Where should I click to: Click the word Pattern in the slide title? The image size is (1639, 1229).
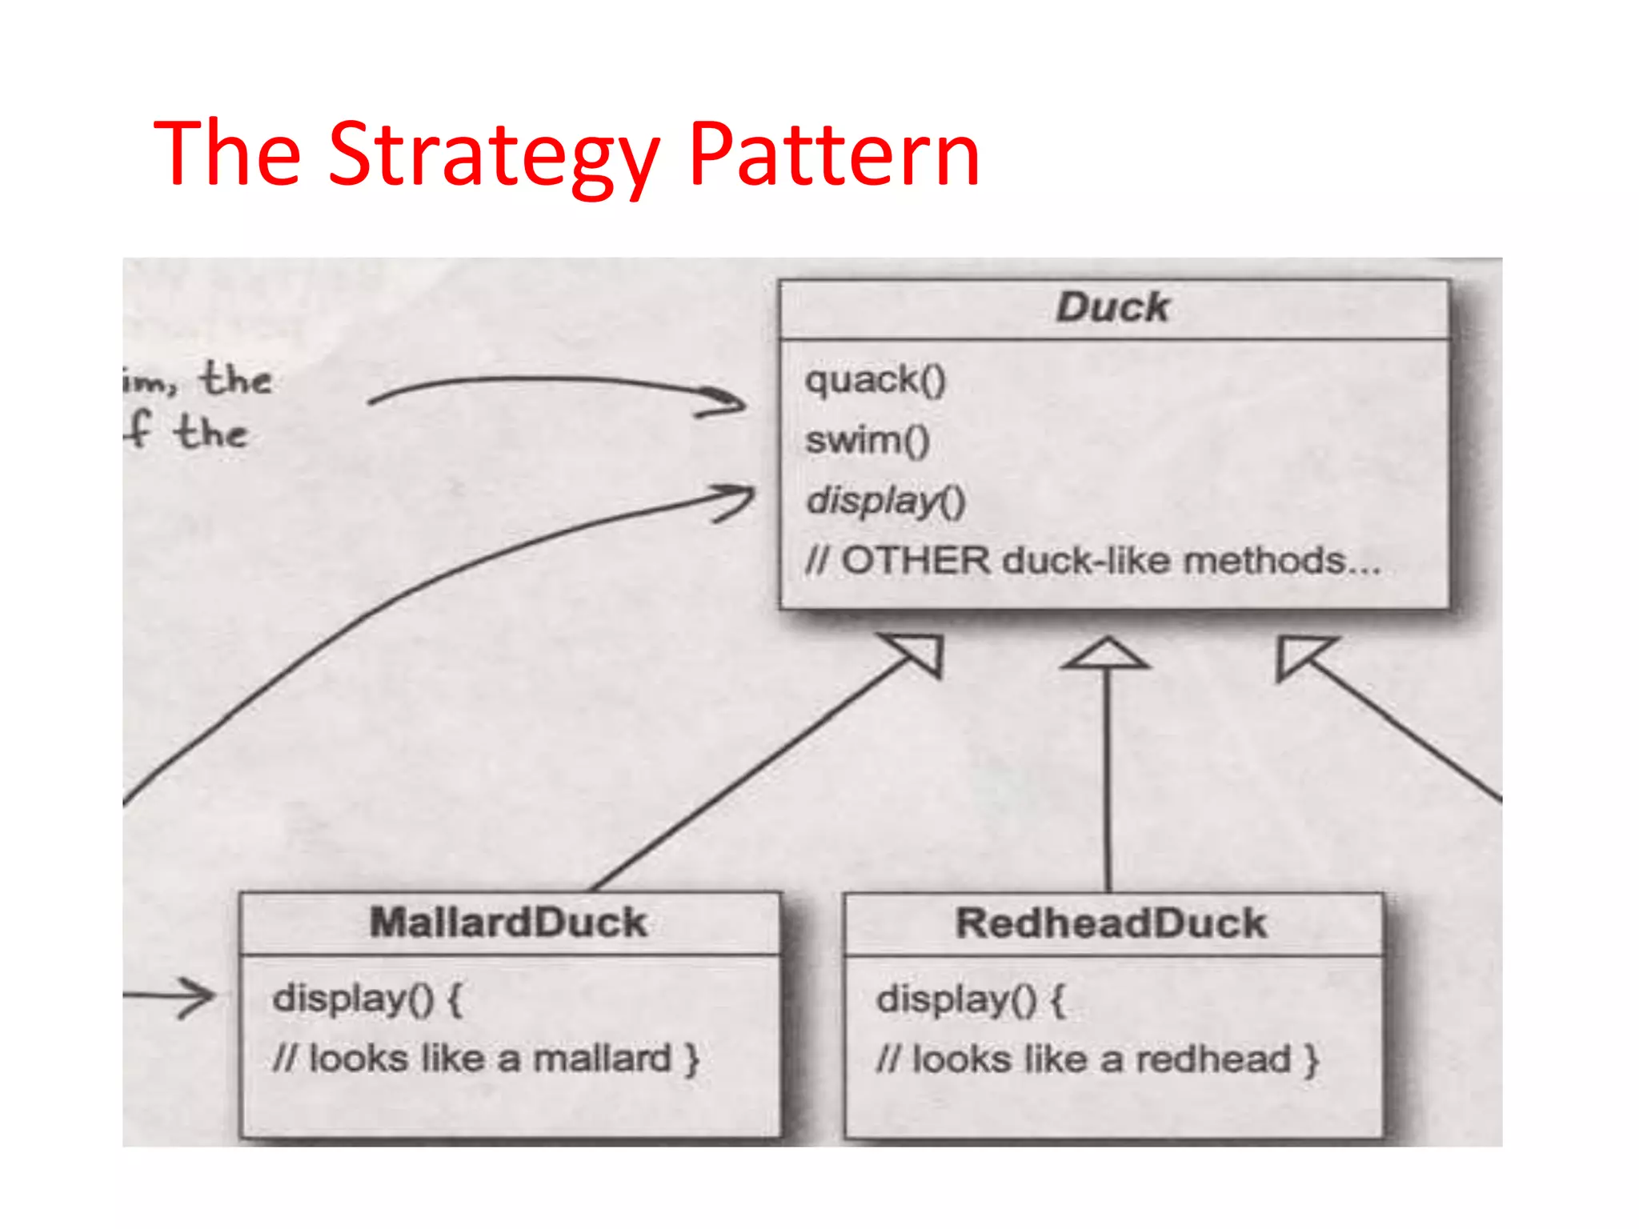click(834, 154)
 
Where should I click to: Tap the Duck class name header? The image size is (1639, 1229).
click(1112, 308)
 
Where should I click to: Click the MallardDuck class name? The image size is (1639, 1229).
click(508, 923)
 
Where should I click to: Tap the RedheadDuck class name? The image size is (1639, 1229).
click(1112, 923)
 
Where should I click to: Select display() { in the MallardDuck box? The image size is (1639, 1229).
click(367, 999)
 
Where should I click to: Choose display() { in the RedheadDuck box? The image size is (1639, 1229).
click(970, 999)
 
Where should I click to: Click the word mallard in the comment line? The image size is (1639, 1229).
click(602, 1059)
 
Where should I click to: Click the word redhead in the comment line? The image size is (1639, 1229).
click(1213, 1059)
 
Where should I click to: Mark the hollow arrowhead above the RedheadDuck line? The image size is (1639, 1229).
click(1107, 654)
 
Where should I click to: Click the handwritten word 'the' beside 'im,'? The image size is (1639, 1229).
click(236, 378)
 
